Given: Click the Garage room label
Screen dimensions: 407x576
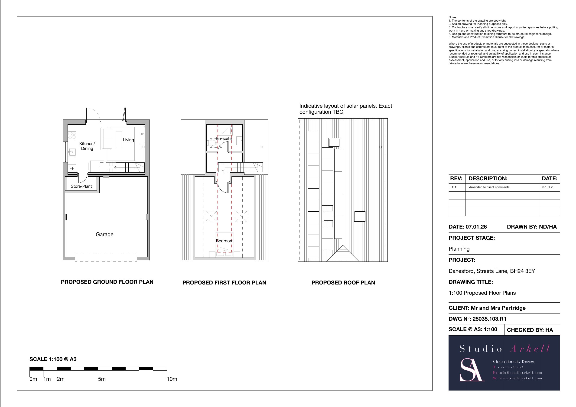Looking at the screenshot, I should [x=104, y=234].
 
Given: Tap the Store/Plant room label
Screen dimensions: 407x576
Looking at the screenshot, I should [x=81, y=186].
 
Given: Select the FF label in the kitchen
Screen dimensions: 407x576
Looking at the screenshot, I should [x=72, y=168].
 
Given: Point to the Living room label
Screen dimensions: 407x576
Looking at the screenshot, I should [x=128, y=140].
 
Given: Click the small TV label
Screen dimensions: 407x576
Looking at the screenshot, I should [x=142, y=134].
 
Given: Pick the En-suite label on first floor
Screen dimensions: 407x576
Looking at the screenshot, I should [x=224, y=139].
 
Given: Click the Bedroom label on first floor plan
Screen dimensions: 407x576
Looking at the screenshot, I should [x=225, y=241].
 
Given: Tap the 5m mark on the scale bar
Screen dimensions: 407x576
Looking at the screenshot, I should [x=102, y=379].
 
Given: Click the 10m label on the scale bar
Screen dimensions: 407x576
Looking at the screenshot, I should [x=172, y=379].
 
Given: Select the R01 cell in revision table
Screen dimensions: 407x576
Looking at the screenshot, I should [x=453, y=187].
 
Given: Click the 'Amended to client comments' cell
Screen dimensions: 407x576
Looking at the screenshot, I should [x=489, y=187].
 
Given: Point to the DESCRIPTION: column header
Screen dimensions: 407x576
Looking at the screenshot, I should [x=488, y=178].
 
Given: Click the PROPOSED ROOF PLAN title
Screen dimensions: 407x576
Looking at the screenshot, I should [x=343, y=283].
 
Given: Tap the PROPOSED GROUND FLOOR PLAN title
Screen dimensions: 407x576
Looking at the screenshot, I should [x=107, y=282].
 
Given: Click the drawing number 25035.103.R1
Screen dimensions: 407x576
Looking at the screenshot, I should [x=489, y=319].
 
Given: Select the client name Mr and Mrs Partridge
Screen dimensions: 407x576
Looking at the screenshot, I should [x=498, y=308].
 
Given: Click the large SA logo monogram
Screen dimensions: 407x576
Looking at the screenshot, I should [x=471, y=370].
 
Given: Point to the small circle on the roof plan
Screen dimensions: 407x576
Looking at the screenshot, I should [x=380, y=147].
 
